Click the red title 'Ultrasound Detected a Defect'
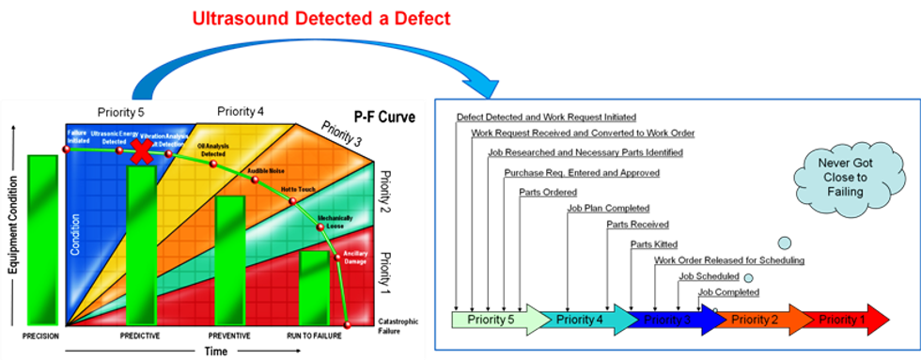pyautogui.click(x=320, y=18)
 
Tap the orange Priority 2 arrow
pyautogui.click(x=761, y=320)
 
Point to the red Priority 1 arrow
pyautogui.click(x=846, y=320)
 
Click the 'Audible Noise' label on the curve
pyautogui.click(x=266, y=170)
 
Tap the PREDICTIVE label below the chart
pyautogui.click(x=140, y=335)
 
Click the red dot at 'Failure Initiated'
pyautogui.click(x=67, y=149)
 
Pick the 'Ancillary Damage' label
pyautogui.click(x=355, y=256)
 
